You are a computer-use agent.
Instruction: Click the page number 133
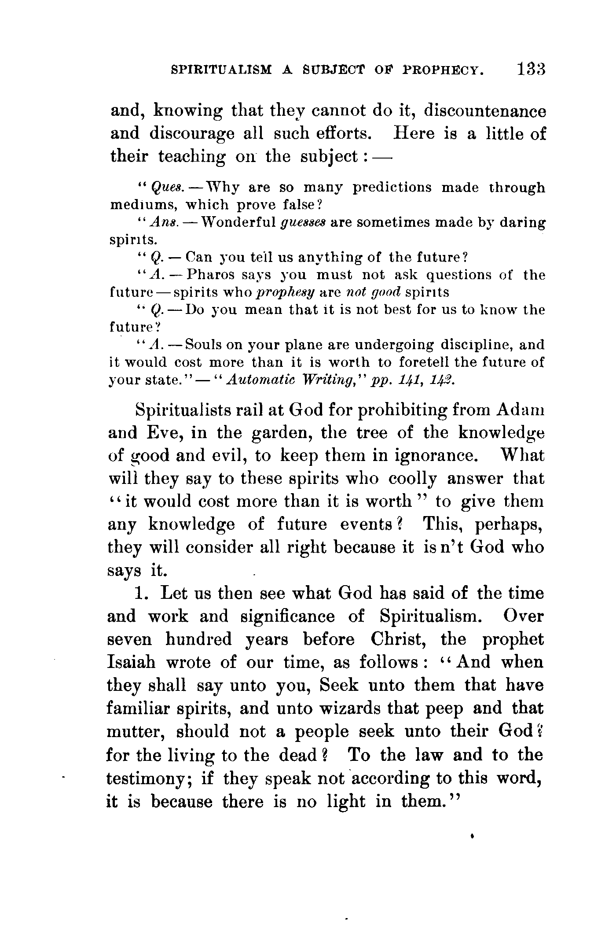coord(531,70)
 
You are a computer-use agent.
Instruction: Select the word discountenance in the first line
coord(484,111)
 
